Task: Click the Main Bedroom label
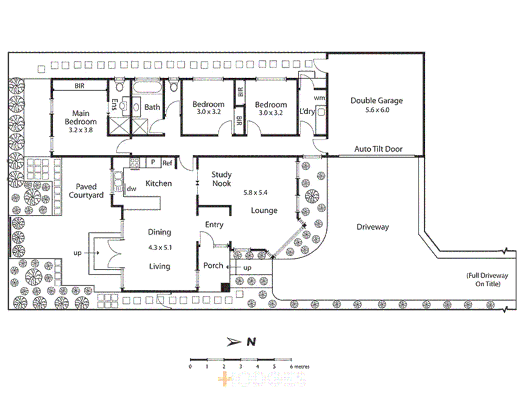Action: pyautogui.click(x=80, y=121)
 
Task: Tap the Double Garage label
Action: pyautogui.click(x=377, y=101)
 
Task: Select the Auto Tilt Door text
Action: pyautogui.click(x=378, y=149)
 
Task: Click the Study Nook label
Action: pyautogui.click(x=222, y=179)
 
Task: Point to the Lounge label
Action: pyautogui.click(x=264, y=210)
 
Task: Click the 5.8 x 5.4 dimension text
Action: pyautogui.click(x=255, y=192)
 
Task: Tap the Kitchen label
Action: pyautogui.click(x=159, y=183)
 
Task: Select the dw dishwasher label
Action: pyautogui.click(x=131, y=188)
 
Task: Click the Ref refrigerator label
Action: pyautogui.click(x=167, y=163)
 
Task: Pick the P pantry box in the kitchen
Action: pyautogui.click(x=153, y=162)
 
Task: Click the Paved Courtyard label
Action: pyautogui.click(x=86, y=191)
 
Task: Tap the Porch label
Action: pyautogui.click(x=213, y=266)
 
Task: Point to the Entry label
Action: pyautogui.click(x=214, y=225)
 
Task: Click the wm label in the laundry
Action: pyautogui.click(x=319, y=98)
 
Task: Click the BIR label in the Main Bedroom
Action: pyautogui.click(x=79, y=86)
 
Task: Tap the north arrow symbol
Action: pyautogui.click(x=234, y=342)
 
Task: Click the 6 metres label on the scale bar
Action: pyautogui.click(x=299, y=366)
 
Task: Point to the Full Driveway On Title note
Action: pyautogui.click(x=487, y=279)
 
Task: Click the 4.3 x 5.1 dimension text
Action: pyautogui.click(x=160, y=247)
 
